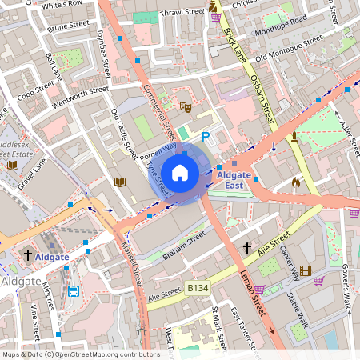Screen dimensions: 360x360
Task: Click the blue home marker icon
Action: pyautogui.click(x=180, y=172)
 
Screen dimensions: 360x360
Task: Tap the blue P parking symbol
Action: pyautogui.click(x=206, y=138)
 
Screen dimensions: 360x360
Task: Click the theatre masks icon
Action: pyautogui.click(x=186, y=106)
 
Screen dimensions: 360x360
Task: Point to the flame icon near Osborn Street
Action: pyautogui.click(x=295, y=182)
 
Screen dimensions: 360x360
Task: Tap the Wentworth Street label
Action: pyautogui.click(x=79, y=96)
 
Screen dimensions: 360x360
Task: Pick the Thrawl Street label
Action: pyautogui.click(x=182, y=12)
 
